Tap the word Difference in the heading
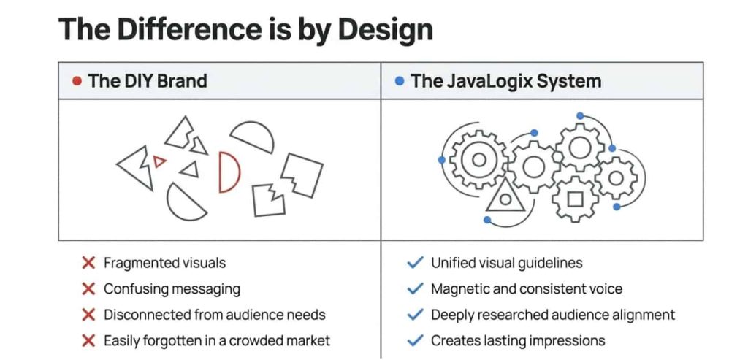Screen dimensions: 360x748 [185, 30]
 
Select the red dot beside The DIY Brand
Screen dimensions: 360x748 [77, 81]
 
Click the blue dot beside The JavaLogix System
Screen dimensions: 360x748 [399, 81]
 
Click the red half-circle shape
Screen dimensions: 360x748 [229, 172]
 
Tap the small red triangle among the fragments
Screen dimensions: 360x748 [160, 161]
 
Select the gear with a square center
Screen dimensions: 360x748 [575, 198]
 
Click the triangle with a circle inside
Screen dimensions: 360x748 [505, 196]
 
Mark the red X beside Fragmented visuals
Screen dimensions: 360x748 [88, 263]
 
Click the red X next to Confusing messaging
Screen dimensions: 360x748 [88, 289]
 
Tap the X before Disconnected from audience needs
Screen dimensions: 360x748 [88, 315]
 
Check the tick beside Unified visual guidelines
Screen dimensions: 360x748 [415, 263]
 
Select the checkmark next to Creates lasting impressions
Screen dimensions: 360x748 [415, 340]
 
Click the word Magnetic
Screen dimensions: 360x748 [459, 289]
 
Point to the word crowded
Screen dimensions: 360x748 [257, 340]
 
